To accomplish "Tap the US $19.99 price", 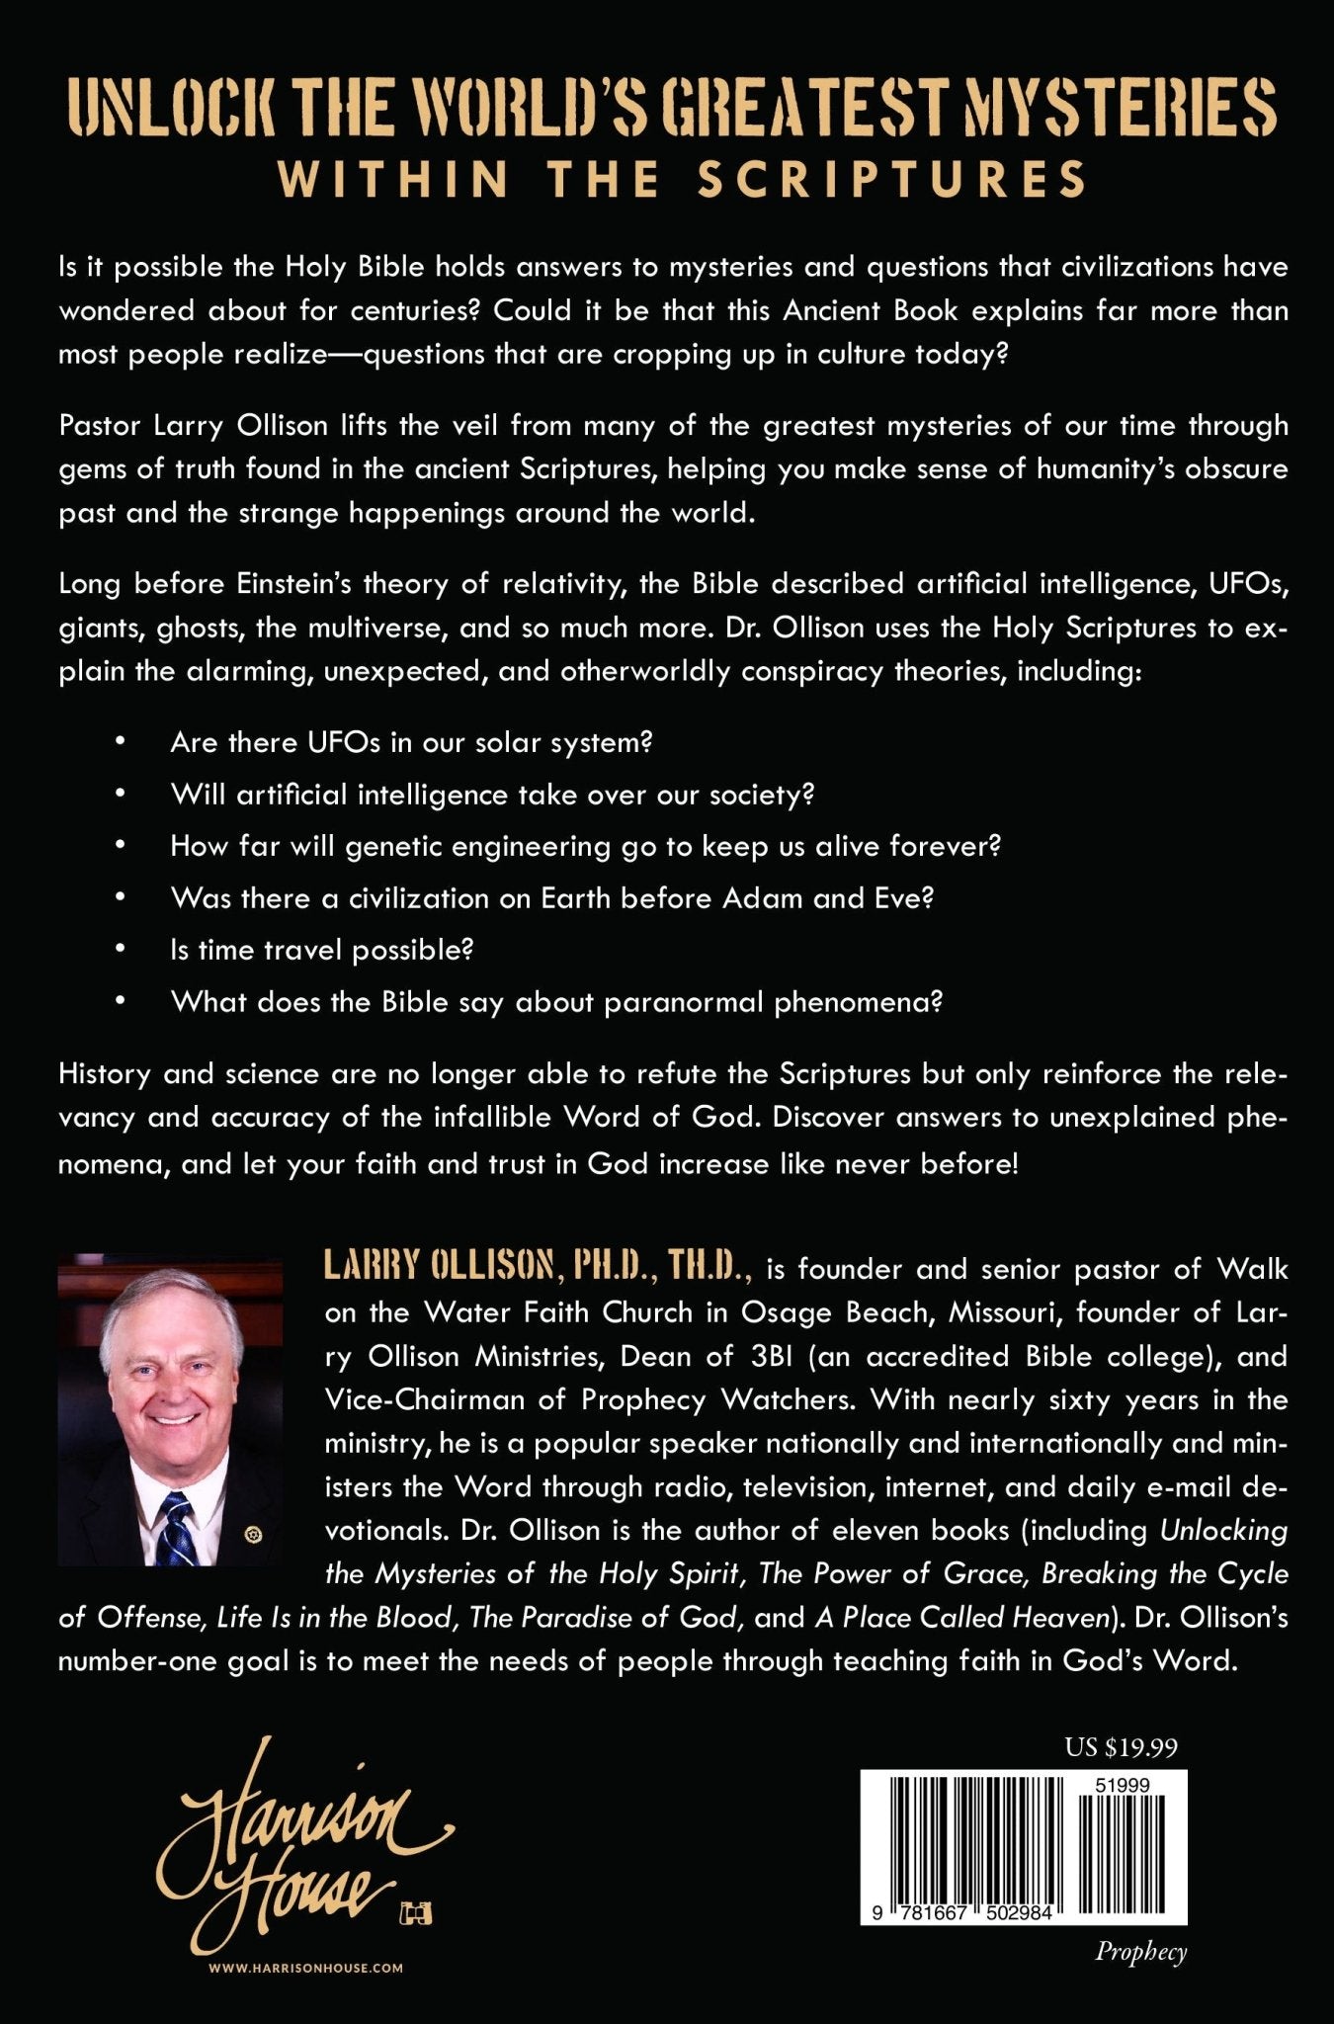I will pos(1121,1747).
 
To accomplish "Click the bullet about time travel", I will pos(322,950).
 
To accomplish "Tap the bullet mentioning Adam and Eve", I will pos(552,897).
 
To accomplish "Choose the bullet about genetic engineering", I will pos(586,846).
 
